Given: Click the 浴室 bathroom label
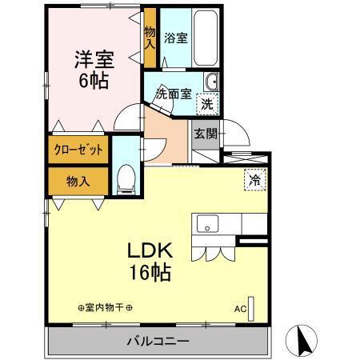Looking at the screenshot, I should point(175,38).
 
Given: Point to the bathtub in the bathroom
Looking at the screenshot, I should point(206,39).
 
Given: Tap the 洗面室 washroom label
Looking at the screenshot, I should point(172,93).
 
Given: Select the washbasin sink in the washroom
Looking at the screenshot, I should point(212,82).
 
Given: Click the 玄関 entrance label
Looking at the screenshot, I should point(205,133).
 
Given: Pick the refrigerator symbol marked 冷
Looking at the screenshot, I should point(254,181).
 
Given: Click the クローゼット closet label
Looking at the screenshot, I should point(78,150).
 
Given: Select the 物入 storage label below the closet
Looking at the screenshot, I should point(78,182).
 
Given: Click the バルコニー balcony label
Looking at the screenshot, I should point(158,342).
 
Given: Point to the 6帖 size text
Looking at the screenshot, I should point(93,81).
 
